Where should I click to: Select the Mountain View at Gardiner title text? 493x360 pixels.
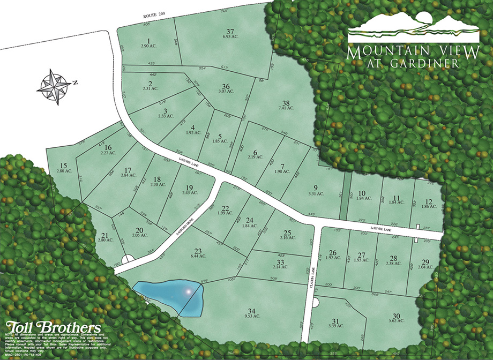(413, 56)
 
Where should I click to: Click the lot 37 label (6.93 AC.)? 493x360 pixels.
(231, 33)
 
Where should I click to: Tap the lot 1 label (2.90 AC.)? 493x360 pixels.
(147, 44)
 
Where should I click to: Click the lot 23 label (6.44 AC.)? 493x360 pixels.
(198, 253)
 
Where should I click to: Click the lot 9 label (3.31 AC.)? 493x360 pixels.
(316, 190)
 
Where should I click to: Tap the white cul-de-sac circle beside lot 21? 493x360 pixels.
(128, 259)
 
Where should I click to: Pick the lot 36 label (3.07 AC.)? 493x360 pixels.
(225, 89)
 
